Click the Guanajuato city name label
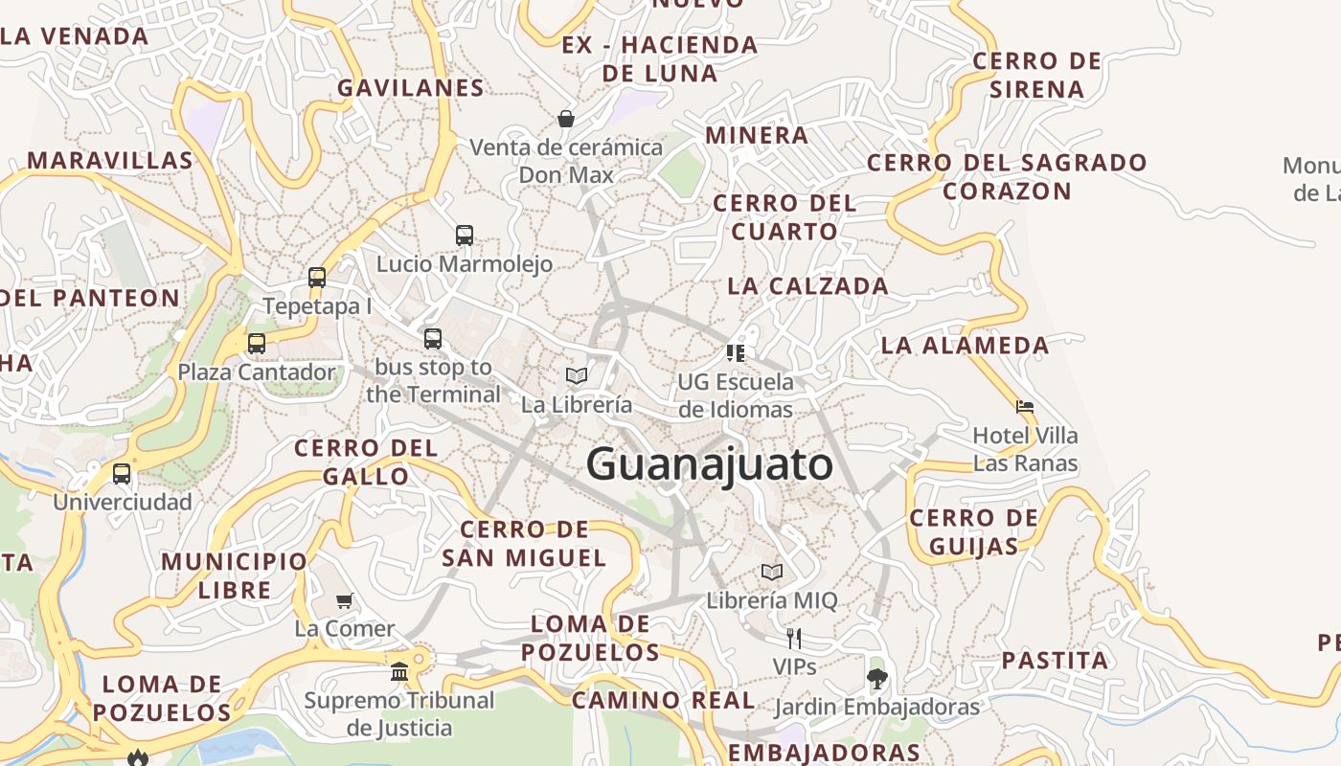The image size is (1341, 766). [710, 465]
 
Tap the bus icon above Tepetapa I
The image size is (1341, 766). [317, 278]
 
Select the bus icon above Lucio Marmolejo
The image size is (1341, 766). [465, 235]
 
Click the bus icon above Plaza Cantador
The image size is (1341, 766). [257, 343]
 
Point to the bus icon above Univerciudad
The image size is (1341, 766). [122, 473]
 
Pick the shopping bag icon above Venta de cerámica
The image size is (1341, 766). [566, 119]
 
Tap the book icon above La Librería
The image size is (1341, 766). [577, 375]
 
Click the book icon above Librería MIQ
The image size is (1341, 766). [772, 573]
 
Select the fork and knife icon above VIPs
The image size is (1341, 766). [794, 638]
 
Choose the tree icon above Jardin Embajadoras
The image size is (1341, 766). [876, 679]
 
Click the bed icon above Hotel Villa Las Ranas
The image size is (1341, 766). [1025, 407]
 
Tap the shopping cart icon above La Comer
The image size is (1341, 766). [345, 600]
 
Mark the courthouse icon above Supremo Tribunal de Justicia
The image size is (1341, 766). [399, 671]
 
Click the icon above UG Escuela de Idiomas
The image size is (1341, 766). [736, 353]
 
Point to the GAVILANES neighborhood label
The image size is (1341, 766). [411, 88]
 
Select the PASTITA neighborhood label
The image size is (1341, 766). [1055, 660]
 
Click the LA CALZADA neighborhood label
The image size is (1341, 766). [807, 285]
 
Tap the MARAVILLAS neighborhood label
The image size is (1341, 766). [110, 160]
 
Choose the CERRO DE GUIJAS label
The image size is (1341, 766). [973, 532]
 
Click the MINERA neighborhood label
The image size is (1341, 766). [757, 135]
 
